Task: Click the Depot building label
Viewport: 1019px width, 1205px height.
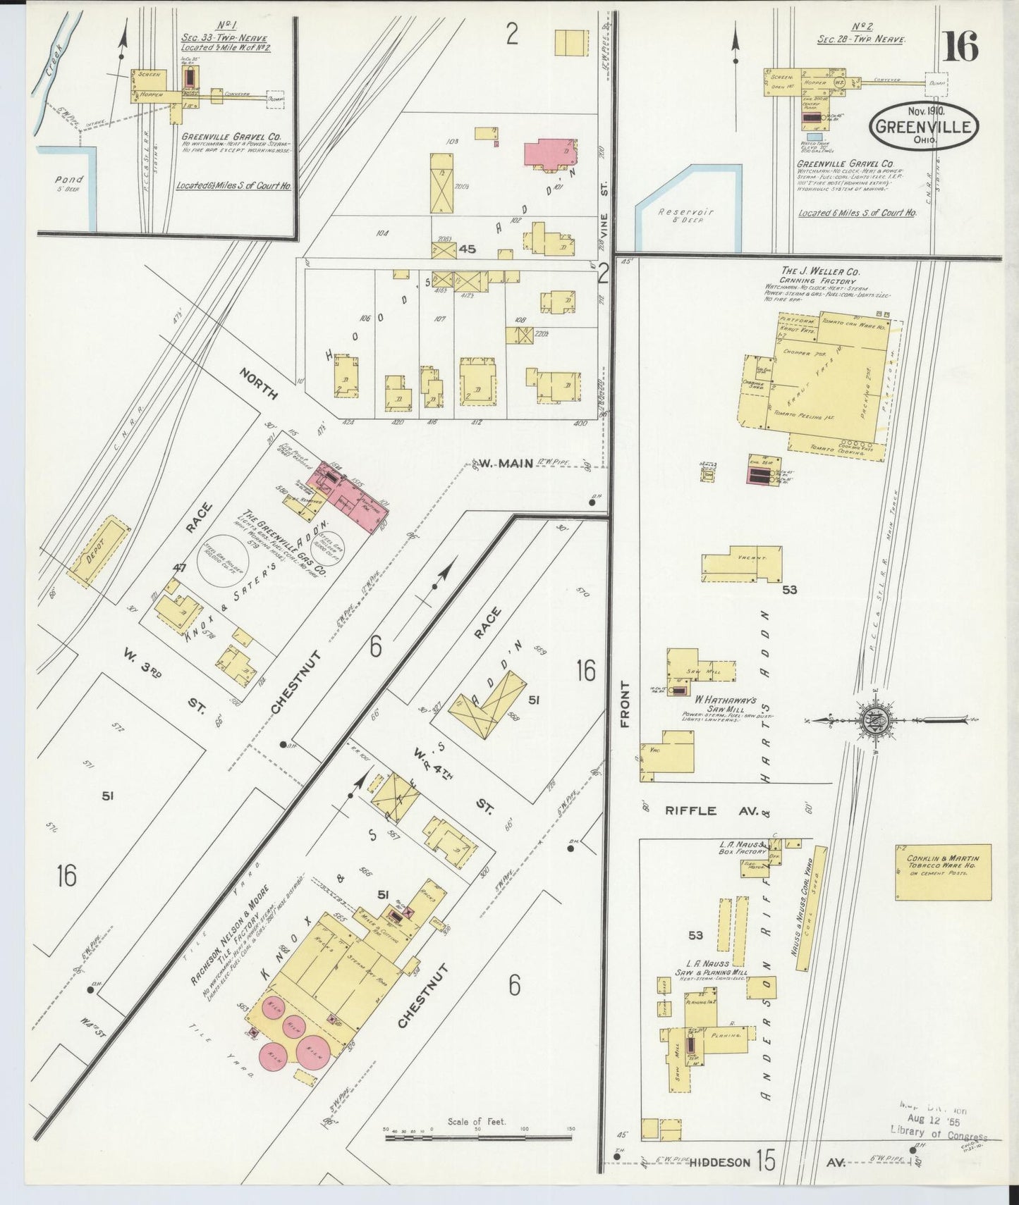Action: (98, 552)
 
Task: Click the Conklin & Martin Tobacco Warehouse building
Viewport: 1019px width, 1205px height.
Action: (943, 872)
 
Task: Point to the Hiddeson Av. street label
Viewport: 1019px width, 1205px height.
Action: (719, 1162)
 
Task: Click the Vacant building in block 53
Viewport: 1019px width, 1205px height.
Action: (741, 563)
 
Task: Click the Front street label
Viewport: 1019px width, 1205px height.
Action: (624, 703)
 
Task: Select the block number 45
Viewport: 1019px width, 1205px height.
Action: (467, 249)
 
